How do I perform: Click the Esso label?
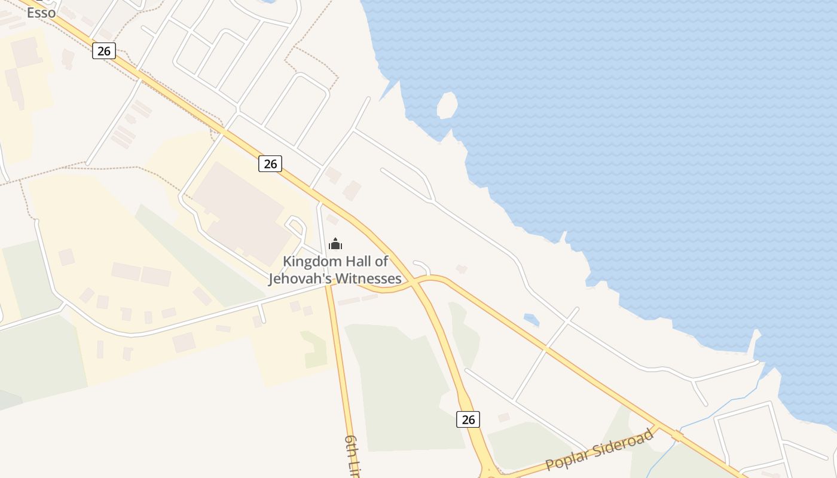[41, 12]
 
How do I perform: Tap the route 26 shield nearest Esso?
[103, 51]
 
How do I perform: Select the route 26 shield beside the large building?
[270, 163]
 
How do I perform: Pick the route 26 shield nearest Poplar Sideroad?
[468, 419]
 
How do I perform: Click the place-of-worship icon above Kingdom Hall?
[335, 244]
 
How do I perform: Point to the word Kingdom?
[311, 261]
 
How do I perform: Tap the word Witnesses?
[368, 278]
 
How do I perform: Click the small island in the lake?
[447, 106]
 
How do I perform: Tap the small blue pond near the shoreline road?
[531, 320]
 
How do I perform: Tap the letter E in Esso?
[30, 12]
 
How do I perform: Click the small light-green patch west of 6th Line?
[315, 350]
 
